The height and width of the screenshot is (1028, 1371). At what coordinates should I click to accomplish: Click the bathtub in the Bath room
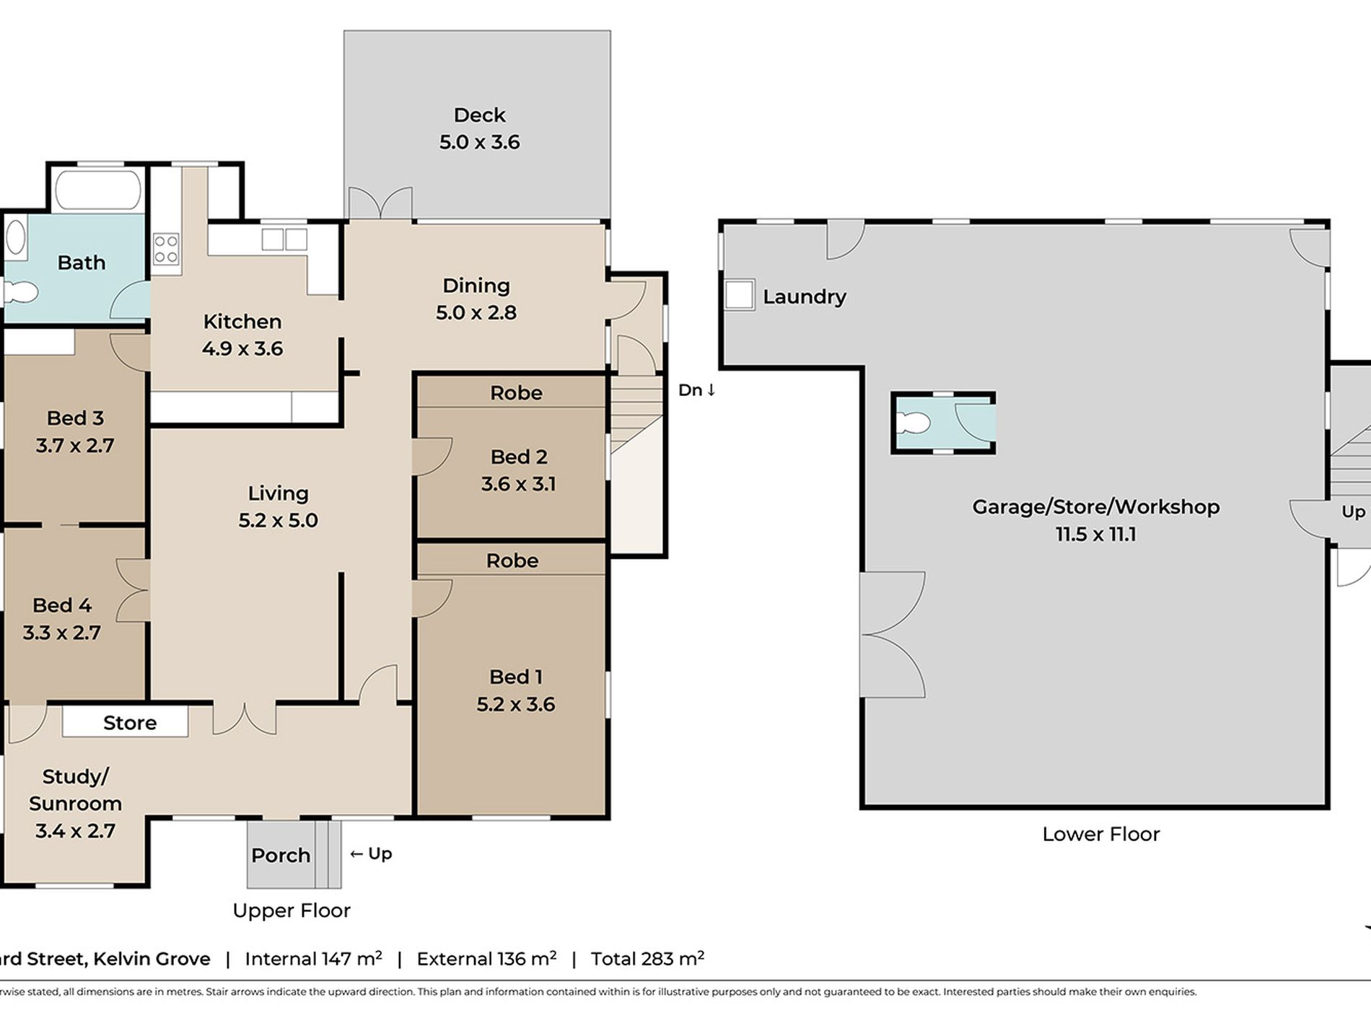98,189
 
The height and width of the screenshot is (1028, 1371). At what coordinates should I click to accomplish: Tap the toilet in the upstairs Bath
19,292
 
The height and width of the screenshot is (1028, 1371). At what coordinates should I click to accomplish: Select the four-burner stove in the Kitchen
166,249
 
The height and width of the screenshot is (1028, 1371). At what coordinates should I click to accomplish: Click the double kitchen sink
284,239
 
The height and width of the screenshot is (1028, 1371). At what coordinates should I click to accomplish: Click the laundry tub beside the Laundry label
739,295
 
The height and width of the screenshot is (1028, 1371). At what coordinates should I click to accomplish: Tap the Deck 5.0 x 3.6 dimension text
479,141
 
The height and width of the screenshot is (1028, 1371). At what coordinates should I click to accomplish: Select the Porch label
281,855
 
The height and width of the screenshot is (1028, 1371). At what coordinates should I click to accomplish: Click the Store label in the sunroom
130,722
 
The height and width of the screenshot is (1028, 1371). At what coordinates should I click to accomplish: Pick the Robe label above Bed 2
516,392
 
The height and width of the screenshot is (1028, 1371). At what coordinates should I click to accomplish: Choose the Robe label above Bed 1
512,561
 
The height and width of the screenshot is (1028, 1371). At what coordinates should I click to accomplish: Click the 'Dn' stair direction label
697,390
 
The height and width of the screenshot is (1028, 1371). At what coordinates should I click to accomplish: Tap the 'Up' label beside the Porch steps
371,853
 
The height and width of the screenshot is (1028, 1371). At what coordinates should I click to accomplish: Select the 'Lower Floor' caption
1101,834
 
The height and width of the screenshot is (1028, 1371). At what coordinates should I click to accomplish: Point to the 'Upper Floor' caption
292,910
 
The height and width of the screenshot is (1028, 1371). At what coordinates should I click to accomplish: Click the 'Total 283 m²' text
647,958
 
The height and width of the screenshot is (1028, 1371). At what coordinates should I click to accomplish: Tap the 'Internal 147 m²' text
313,958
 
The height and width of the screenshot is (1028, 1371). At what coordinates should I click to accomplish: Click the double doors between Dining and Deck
380,203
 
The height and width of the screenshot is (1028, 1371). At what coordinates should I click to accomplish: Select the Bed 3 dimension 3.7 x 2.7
75,445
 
